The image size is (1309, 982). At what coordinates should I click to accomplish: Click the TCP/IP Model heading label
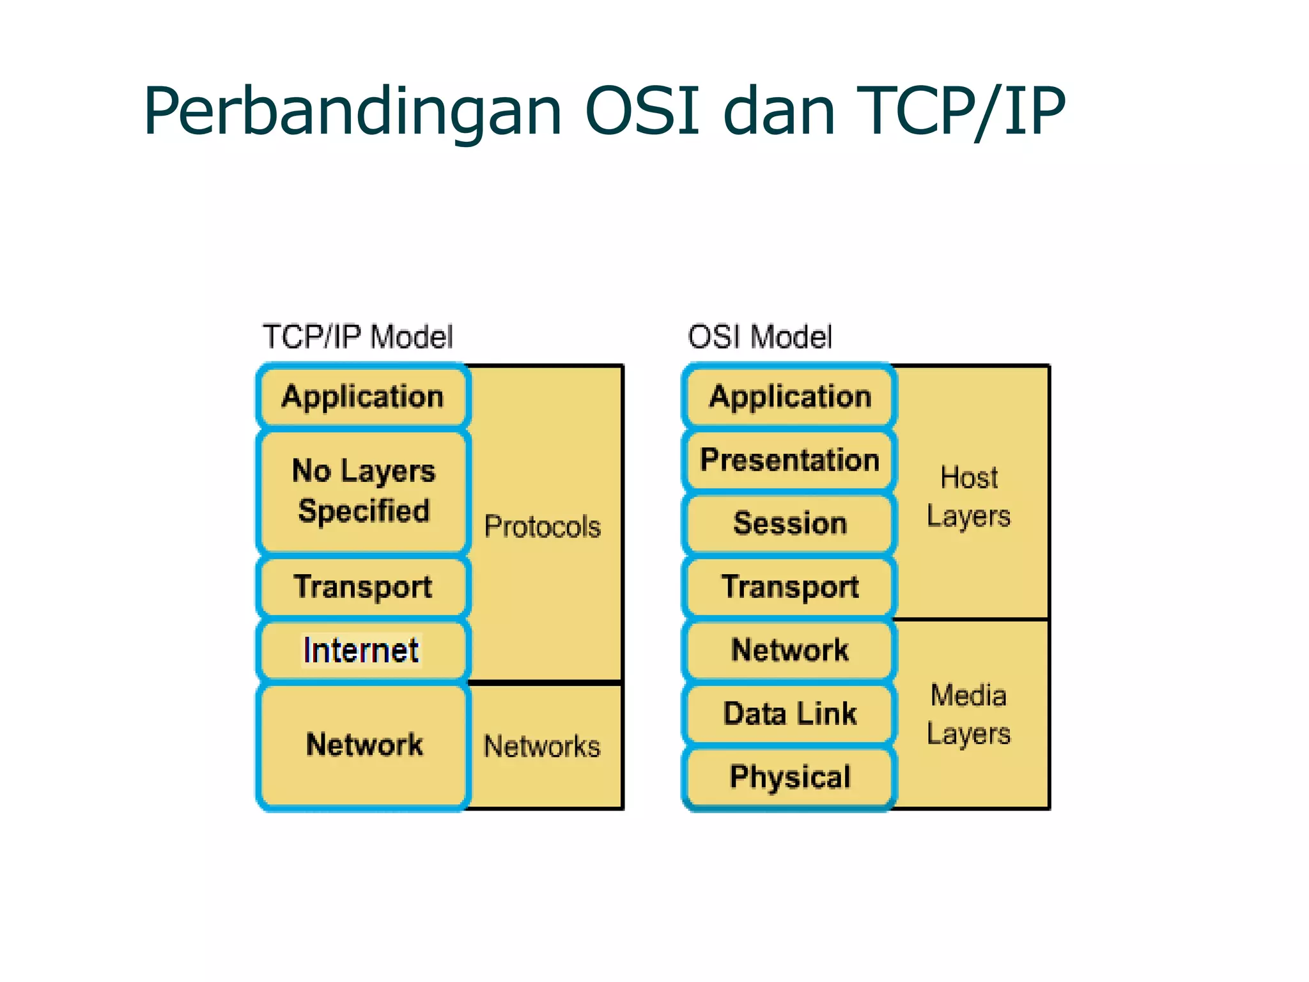[357, 337]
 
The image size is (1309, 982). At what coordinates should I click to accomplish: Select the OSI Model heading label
[759, 337]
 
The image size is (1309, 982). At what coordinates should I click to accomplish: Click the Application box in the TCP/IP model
[363, 396]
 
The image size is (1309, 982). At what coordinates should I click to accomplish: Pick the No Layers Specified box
[363, 491]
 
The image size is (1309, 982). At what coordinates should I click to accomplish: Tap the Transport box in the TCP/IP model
[363, 586]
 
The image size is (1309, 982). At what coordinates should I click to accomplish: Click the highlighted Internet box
[362, 650]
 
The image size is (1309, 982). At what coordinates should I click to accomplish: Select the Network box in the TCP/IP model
[363, 745]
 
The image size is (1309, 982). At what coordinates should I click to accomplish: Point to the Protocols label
[542, 527]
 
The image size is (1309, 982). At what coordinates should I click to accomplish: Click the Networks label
[542, 747]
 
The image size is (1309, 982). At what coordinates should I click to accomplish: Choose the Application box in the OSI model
[790, 396]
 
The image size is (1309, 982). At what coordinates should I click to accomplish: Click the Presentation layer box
[790, 460]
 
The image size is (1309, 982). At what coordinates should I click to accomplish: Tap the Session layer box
[790, 523]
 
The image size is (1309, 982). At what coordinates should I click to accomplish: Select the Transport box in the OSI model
[790, 586]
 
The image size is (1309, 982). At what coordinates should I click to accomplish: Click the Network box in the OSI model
[790, 650]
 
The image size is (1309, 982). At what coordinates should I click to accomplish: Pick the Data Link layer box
[790, 713]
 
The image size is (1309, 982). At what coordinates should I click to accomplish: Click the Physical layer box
[790, 777]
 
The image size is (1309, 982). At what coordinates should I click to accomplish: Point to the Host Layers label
[968, 497]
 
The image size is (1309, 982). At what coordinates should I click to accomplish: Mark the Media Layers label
[968, 714]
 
